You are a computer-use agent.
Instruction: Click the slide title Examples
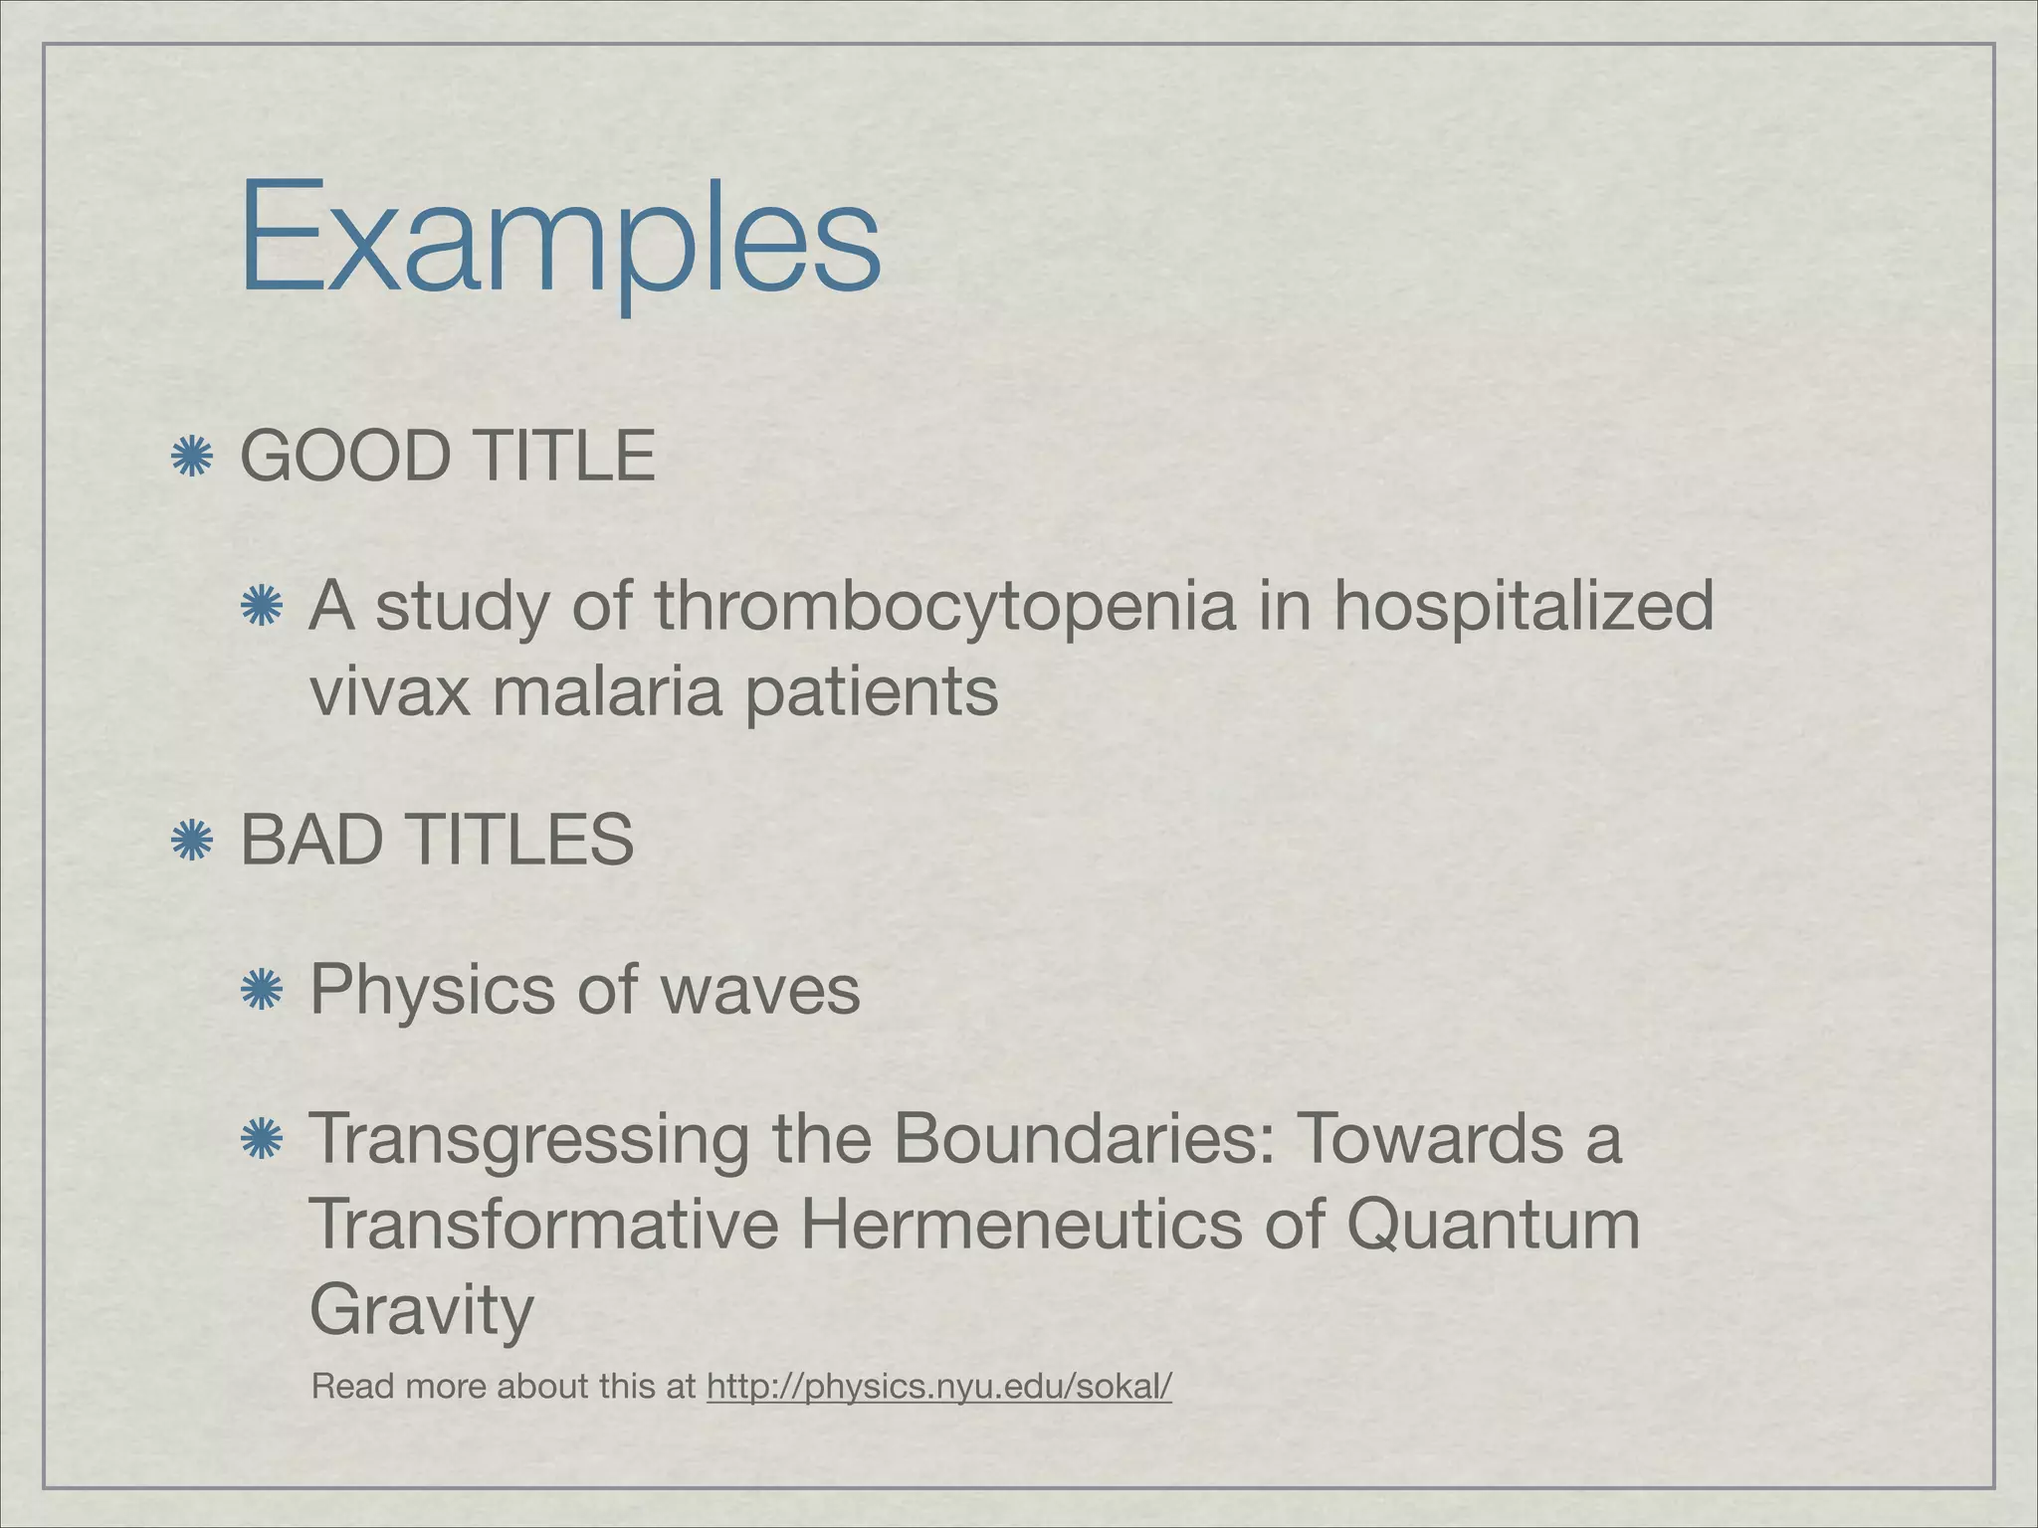(559, 239)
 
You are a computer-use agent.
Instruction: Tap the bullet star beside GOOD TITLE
(191, 458)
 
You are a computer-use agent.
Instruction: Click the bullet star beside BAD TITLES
(191, 841)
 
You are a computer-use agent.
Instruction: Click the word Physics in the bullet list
(432, 991)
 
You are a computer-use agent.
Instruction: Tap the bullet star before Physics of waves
(262, 990)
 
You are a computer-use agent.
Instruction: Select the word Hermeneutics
(1021, 1225)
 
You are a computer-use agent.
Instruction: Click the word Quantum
(1492, 1227)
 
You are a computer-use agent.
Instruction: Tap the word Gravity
(422, 1312)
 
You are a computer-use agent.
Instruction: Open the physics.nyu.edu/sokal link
(938, 1386)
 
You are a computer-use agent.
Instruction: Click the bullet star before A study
(262, 606)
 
